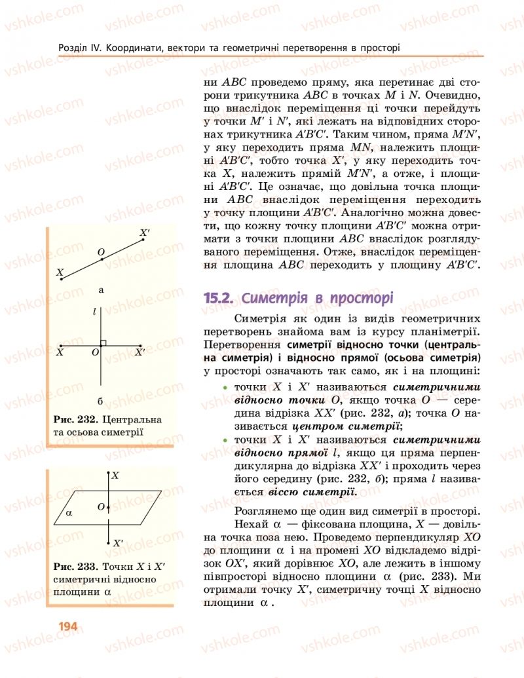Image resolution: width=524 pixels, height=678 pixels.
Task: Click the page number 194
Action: pos(67,626)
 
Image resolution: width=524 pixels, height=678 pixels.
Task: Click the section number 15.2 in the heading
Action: pos(219,298)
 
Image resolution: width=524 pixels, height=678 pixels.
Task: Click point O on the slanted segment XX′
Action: pos(102,259)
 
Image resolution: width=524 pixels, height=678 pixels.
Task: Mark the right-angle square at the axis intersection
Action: pos(103,343)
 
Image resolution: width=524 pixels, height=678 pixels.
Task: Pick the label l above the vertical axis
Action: pos(95,313)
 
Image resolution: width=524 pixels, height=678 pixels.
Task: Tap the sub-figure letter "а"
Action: pos(101,289)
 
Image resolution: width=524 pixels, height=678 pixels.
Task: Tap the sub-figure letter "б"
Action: pos(100,400)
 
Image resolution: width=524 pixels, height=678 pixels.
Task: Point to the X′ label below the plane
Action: pos(117,543)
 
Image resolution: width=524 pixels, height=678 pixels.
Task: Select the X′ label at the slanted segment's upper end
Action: pos(145,233)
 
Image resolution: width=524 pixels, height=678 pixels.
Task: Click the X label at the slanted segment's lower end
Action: pos(60,272)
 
